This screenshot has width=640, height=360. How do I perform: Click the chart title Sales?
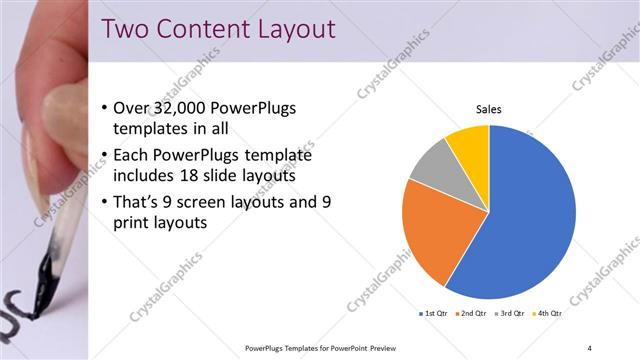(488, 109)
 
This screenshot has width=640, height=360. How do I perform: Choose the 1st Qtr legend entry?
(432, 313)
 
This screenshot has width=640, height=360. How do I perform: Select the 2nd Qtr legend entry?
(470, 313)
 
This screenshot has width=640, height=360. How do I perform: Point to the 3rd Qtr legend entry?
(509, 313)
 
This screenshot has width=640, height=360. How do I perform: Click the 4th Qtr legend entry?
(546, 313)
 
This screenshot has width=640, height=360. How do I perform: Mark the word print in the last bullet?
(139, 223)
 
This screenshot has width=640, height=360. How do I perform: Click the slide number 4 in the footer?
(589, 348)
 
